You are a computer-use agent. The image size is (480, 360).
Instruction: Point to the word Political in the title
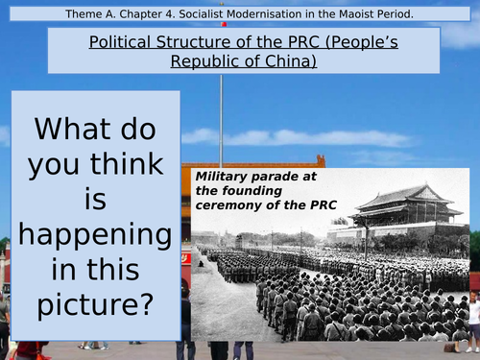pos(115,42)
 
